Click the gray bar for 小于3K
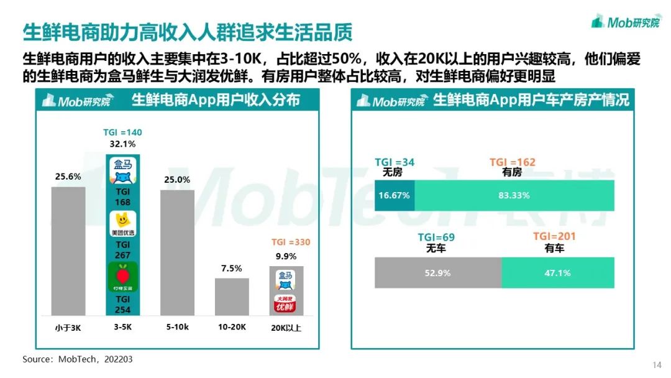click(68, 251)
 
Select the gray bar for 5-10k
click(177, 252)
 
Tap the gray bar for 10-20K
click(232, 297)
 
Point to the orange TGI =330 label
click(290, 242)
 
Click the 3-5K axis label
click(122, 328)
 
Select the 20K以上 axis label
click(286, 328)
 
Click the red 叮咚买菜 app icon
click(122, 277)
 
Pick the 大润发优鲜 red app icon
click(286, 305)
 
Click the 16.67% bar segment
click(395, 195)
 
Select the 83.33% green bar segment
click(514, 195)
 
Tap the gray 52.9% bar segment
click(437, 272)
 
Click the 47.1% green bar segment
click(557, 272)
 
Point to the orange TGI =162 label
click(512, 163)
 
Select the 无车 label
click(437, 248)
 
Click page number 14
click(657, 365)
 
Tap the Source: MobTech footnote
click(78, 359)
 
